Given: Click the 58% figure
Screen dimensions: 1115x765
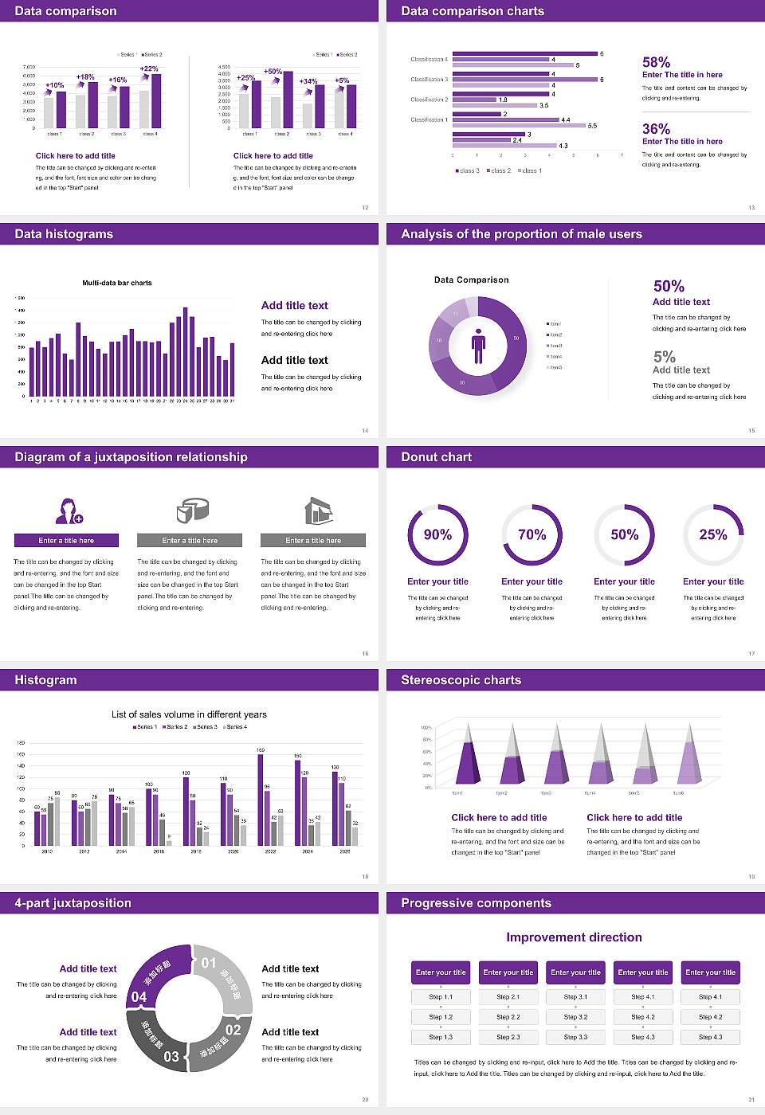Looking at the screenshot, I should [x=656, y=62].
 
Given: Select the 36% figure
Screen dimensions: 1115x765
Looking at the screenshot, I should [x=656, y=129].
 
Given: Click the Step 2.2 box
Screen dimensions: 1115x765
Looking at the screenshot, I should [x=508, y=1017].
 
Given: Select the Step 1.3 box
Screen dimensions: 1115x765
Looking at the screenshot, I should [x=441, y=1037].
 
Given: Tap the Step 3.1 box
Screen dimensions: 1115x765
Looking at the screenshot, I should [x=575, y=997].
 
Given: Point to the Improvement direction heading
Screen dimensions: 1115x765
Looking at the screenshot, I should [x=574, y=937].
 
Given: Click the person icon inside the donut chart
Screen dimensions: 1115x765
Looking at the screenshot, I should [x=478, y=346].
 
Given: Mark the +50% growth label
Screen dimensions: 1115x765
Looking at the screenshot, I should [x=273, y=72].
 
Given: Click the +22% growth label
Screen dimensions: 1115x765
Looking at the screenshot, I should [x=149, y=69].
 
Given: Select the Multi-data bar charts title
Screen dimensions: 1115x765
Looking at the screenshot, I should [x=117, y=283].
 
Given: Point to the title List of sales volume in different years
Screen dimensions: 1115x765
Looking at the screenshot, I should [x=189, y=714].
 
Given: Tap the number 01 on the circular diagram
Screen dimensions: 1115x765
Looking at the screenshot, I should [x=209, y=963].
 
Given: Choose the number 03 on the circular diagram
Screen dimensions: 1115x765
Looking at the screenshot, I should [x=171, y=1057].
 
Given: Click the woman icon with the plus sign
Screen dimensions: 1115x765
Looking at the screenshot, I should [x=69, y=511].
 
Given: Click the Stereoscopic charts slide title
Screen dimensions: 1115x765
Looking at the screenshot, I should [x=461, y=680].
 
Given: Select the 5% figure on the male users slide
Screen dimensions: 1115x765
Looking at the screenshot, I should [x=664, y=357].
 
